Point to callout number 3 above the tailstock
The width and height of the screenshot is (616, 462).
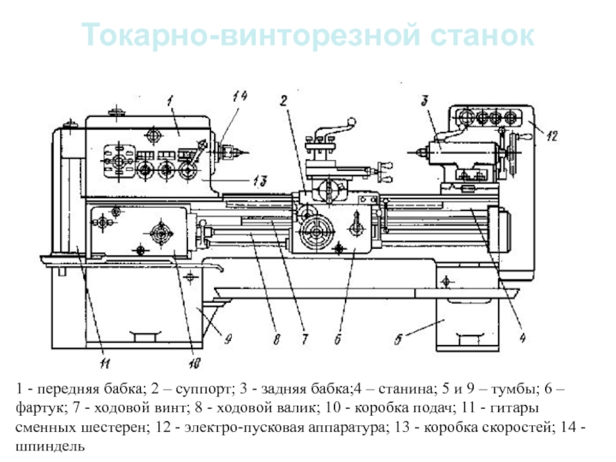pyautogui.click(x=424, y=99)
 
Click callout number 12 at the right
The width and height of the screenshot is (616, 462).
pyautogui.click(x=551, y=136)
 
